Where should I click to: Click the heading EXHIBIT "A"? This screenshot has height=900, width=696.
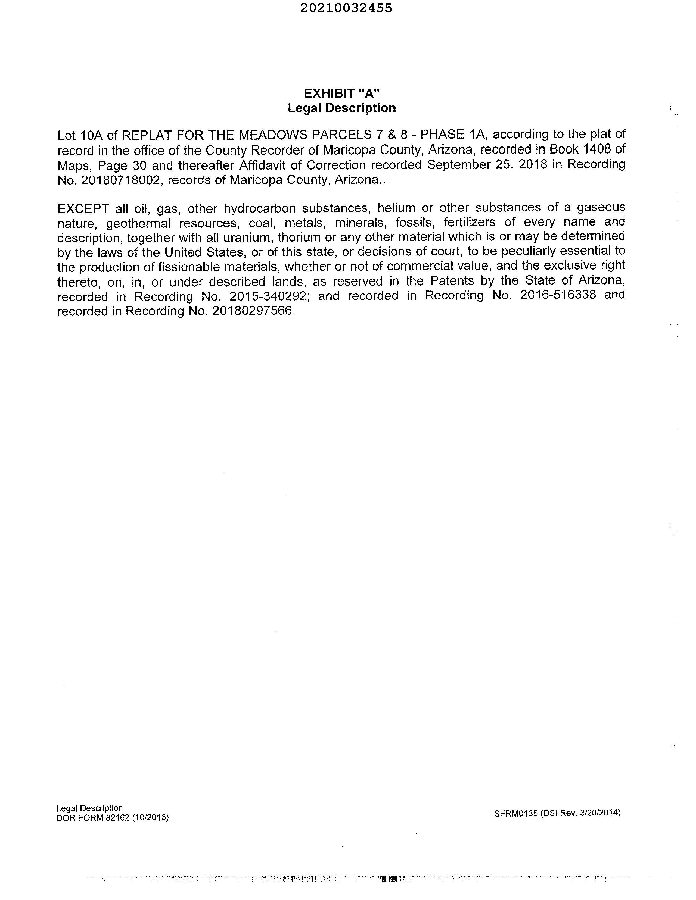click(x=341, y=93)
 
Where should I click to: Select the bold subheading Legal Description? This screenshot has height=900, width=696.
click(x=341, y=108)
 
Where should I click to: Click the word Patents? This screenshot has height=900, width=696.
click(x=452, y=281)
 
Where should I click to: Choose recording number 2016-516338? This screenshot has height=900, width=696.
click(x=558, y=295)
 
